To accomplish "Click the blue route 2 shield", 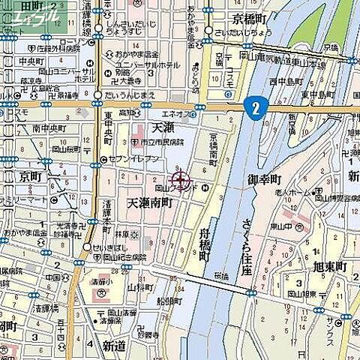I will coord(256,107).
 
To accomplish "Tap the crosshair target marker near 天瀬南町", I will coord(180,179).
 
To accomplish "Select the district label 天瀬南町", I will coord(150,203).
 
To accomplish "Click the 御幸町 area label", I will coord(264,180).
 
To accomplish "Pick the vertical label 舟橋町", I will coord(204,244).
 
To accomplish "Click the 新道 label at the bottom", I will coord(115,346).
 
